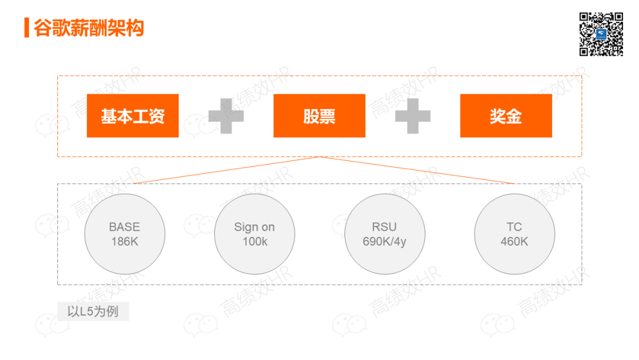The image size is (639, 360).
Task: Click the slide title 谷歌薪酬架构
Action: click(x=89, y=27)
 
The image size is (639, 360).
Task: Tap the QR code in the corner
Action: click(x=601, y=34)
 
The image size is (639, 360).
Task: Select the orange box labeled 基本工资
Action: click(x=133, y=115)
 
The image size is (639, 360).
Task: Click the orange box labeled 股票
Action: click(x=319, y=115)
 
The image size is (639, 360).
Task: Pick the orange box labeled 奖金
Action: click(x=506, y=115)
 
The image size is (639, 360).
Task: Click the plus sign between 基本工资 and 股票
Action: click(x=225, y=116)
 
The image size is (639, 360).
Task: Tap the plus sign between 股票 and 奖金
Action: click(x=412, y=116)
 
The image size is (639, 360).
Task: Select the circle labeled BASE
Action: click(x=125, y=234)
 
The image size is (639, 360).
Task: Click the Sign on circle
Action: click(x=254, y=234)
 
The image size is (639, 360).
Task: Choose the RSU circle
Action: click(x=385, y=234)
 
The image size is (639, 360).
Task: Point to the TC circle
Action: click(x=514, y=234)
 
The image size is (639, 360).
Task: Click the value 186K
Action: click(x=125, y=242)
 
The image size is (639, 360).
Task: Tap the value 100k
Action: click(x=254, y=242)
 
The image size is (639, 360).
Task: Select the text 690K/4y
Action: click(x=385, y=242)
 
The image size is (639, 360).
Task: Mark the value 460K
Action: click(x=514, y=242)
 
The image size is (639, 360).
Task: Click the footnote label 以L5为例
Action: click(x=93, y=311)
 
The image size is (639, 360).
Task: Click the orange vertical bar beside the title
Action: click(x=27, y=27)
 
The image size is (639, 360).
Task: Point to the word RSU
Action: click(x=385, y=227)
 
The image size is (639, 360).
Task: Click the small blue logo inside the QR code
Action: click(x=601, y=34)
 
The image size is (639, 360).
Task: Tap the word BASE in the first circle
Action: click(x=125, y=227)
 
